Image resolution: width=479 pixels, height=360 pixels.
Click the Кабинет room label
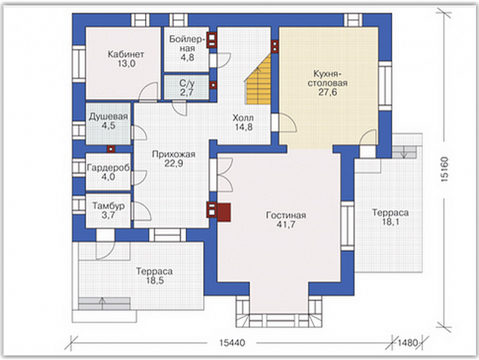(125, 54)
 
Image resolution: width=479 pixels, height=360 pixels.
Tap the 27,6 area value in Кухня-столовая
(328, 92)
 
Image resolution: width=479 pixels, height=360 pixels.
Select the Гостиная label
(286, 216)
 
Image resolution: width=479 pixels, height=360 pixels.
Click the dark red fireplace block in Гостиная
(224, 213)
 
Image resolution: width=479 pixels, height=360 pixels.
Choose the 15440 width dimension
(232, 343)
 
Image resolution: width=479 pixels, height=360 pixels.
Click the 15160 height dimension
(445, 169)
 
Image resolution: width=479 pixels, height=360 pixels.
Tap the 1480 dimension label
(407, 343)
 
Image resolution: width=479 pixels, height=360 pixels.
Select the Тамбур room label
(109, 206)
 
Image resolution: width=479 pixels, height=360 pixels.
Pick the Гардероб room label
(109, 168)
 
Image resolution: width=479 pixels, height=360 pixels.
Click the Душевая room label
(109, 116)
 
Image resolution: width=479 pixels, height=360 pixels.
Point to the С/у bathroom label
(187, 83)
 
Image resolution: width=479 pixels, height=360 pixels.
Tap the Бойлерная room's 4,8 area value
(187, 57)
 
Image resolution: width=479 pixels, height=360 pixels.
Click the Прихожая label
(174, 154)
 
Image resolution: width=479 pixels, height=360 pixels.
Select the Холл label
(243, 118)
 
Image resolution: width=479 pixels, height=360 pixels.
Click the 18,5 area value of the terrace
(155, 281)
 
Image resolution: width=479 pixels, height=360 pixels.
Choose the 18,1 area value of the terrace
(391, 222)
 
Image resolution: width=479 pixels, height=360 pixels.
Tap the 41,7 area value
(286, 225)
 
